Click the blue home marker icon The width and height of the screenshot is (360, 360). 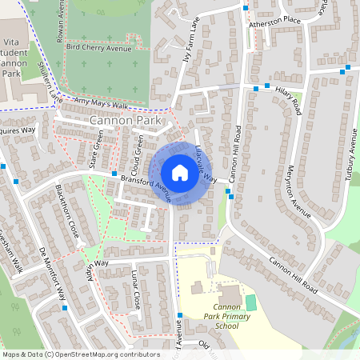tap(180, 173)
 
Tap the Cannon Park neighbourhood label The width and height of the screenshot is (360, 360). tap(126, 121)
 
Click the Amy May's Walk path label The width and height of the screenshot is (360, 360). tap(101, 105)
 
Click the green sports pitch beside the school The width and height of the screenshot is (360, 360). tap(251, 303)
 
